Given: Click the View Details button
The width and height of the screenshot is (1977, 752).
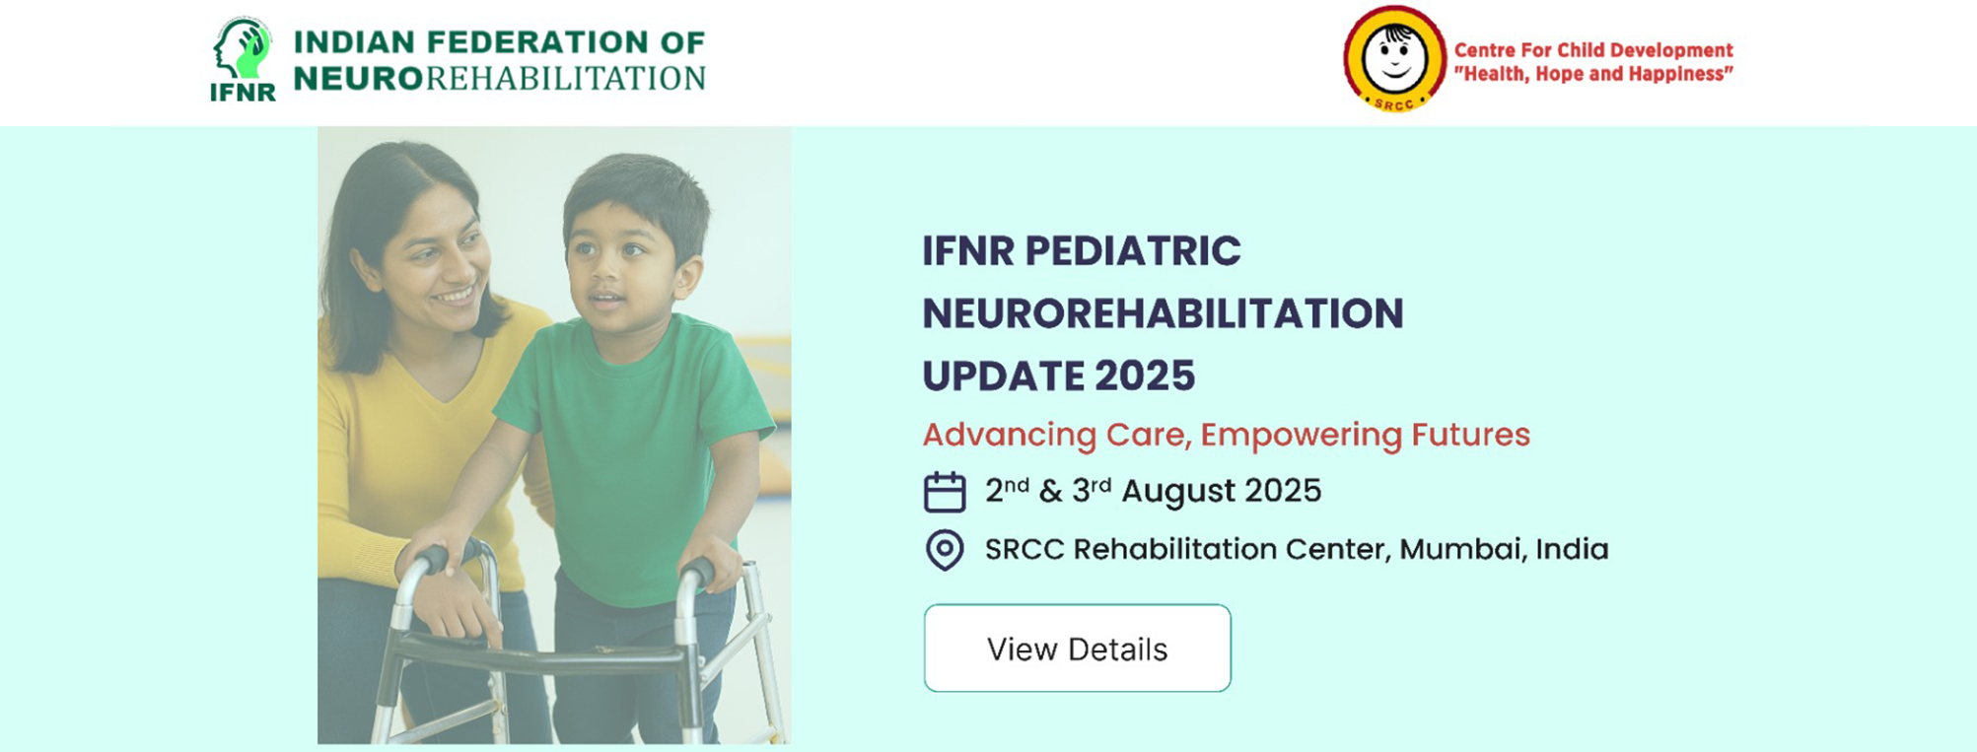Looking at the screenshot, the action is (x=1077, y=648).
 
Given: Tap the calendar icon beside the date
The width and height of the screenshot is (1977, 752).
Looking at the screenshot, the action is (x=944, y=492).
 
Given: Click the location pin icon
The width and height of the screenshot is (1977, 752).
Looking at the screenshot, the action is (x=944, y=550).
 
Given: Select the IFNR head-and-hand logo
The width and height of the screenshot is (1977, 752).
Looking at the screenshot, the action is (x=243, y=59).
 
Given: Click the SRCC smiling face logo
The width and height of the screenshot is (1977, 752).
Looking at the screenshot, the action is (x=1394, y=59).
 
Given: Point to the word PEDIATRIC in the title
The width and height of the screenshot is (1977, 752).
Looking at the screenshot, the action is (x=1133, y=250).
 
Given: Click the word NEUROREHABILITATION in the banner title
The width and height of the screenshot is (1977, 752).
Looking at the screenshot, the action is (x=1163, y=313).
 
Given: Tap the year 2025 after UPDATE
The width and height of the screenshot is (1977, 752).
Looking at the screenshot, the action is (x=1145, y=376).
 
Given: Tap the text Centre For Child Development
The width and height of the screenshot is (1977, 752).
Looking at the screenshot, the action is (x=1593, y=50).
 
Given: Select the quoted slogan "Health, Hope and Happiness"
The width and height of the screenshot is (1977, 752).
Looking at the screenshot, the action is (x=1593, y=74).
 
